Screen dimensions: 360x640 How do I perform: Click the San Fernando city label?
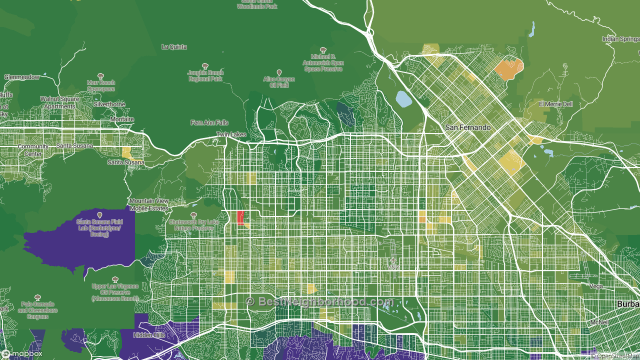468,127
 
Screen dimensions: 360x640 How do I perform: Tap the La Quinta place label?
174,47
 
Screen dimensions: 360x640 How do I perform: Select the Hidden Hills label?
149,335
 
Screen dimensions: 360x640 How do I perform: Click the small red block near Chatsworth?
240,217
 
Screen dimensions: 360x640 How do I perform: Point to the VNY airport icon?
393,260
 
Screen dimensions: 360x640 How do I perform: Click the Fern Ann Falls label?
209,122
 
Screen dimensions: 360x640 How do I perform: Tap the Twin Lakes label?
231,135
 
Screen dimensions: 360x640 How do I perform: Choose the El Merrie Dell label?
555,104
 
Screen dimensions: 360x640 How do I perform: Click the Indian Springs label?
620,39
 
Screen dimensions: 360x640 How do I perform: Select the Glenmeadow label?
21,77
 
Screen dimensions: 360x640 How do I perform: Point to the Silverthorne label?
109,104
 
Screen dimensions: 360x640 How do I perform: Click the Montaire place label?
122,119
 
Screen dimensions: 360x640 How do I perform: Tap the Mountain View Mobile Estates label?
149,204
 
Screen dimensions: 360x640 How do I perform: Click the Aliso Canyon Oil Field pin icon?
279,72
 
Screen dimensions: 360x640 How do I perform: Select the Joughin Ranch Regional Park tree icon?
205,66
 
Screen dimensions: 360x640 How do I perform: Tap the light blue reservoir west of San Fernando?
403,99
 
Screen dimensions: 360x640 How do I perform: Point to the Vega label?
596,286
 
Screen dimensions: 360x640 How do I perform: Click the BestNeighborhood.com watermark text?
320,301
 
